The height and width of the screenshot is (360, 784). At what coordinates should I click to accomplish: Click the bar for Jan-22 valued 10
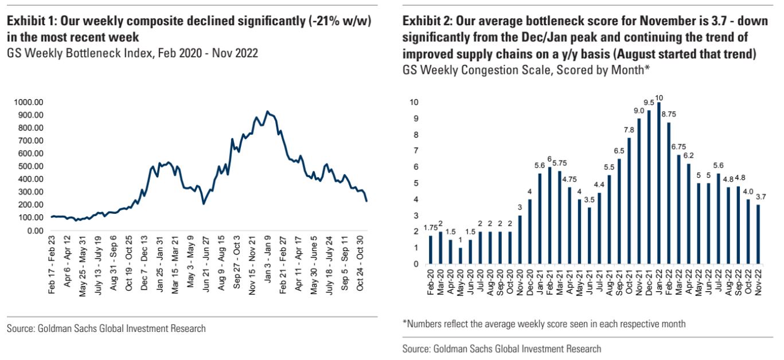coord(659,183)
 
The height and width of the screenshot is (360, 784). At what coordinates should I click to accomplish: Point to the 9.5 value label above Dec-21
coord(649,103)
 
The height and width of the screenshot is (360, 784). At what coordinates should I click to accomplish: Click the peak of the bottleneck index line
coord(267,111)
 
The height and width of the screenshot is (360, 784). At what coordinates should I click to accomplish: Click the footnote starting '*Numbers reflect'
coord(544,324)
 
